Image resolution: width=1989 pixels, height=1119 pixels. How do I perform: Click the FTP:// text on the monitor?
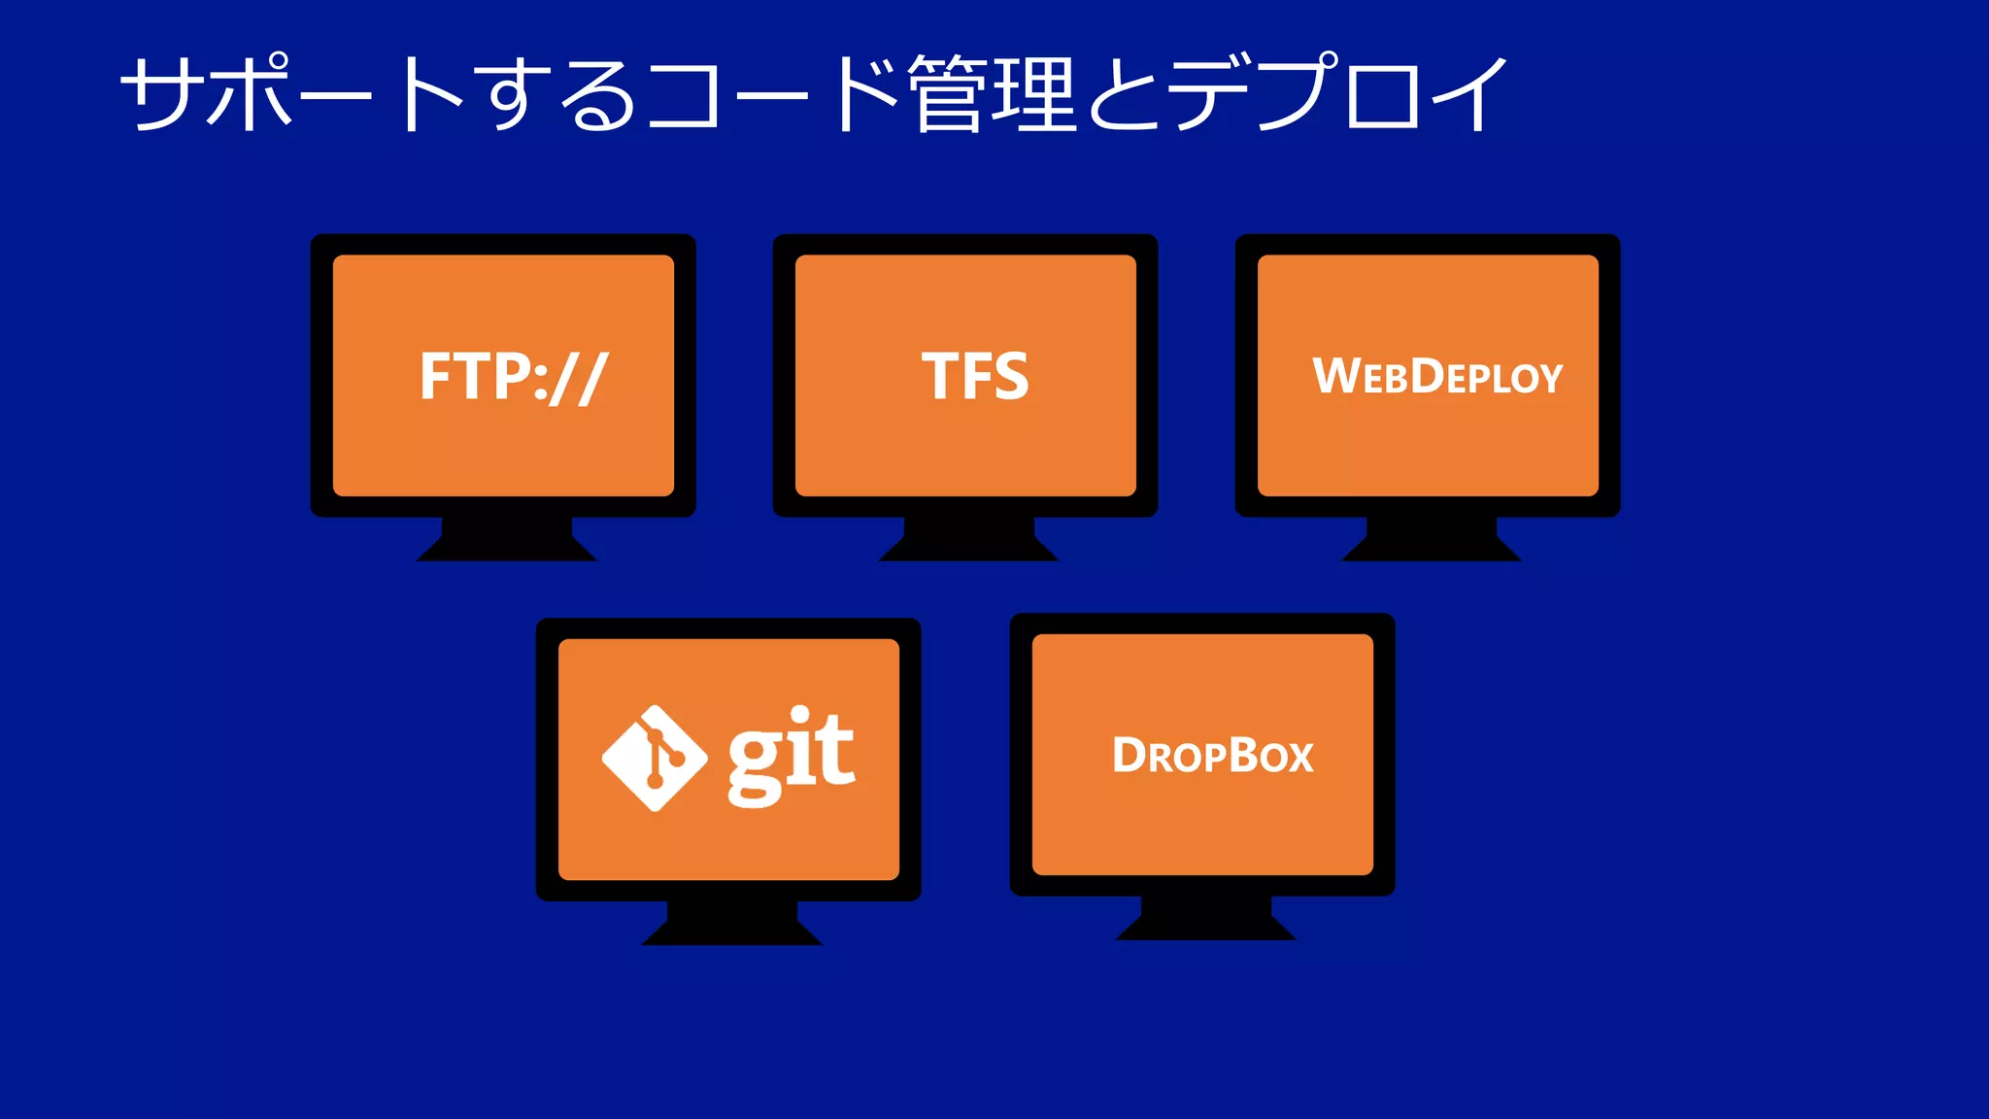[x=513, y=377]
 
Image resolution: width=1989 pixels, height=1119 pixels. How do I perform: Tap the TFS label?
[x=974, y=377]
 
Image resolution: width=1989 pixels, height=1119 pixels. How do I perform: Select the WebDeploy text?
[x=1437, y=377]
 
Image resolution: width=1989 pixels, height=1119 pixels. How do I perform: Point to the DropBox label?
[x=1212, y=756]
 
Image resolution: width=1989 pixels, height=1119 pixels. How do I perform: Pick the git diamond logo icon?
[x=655, y=758]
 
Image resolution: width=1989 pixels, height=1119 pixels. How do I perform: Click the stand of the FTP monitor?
[x=506, y=540]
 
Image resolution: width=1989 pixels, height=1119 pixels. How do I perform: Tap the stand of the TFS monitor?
[x=968, y=540]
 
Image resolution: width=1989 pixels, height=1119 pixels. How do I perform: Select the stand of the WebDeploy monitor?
[x=1431, y=540]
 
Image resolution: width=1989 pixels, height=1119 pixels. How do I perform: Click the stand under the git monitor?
[x=731, y=924]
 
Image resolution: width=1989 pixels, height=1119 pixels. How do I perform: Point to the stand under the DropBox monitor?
[x=1205, y=919]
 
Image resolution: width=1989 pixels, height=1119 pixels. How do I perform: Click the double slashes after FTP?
[x=579, y=379]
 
